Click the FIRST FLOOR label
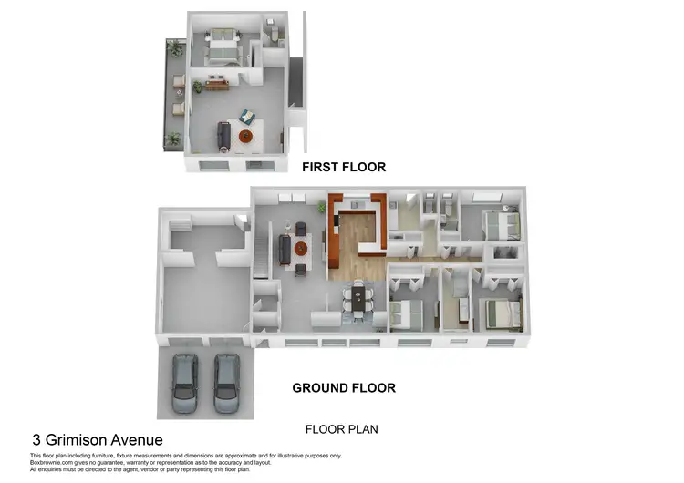pos(344,167)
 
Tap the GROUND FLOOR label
pos(344,388)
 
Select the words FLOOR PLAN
pos(341,429)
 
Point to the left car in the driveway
pos(185,383)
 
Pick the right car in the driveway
pos(226,383)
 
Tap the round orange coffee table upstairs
pos(245,137)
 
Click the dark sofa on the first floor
pos(222,136)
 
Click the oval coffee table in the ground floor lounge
pos(302,247)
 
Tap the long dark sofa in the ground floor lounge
pos(284,247)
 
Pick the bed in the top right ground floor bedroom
pos(500,223)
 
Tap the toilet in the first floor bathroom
pos(270,34)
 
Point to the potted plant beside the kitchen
pos(321,209)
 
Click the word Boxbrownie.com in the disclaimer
pos(53,462)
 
